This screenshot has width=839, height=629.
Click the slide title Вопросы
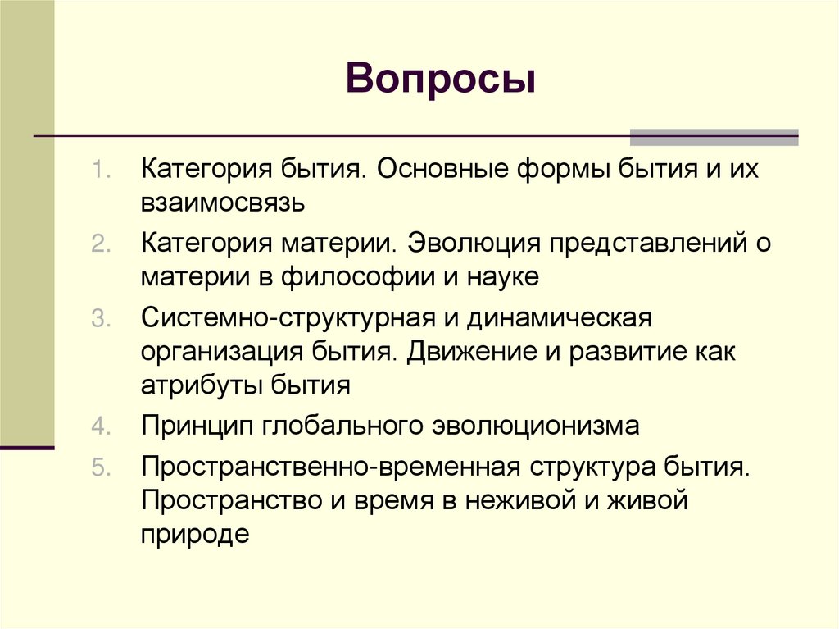[x=441, y=81]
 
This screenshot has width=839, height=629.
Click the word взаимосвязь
[x=222, y=204]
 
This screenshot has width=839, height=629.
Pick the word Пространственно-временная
[x=330, y=467]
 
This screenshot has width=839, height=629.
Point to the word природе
[x=193, y=535]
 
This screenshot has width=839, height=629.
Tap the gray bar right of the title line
[x=714, y=137]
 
